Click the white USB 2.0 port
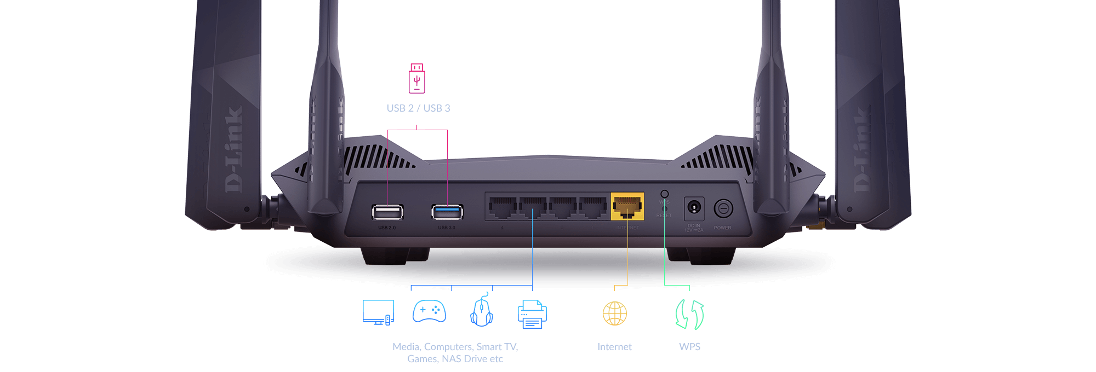click(387, 212)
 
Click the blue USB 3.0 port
click(447, 212)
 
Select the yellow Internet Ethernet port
click(627, 207)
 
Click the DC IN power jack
click(694, 208)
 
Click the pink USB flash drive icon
click(417, 79)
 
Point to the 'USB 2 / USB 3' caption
click(418, 108)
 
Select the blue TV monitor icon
click(378, 313)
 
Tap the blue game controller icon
click(429, 311)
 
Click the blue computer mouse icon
click(482, 311)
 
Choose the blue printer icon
click(532, 314)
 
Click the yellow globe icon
click(615, 313)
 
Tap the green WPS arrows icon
click(689, 315)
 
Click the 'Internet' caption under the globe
click(614, 347)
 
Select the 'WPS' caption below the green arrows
click(689, 347)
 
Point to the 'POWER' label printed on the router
click(722, 228)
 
